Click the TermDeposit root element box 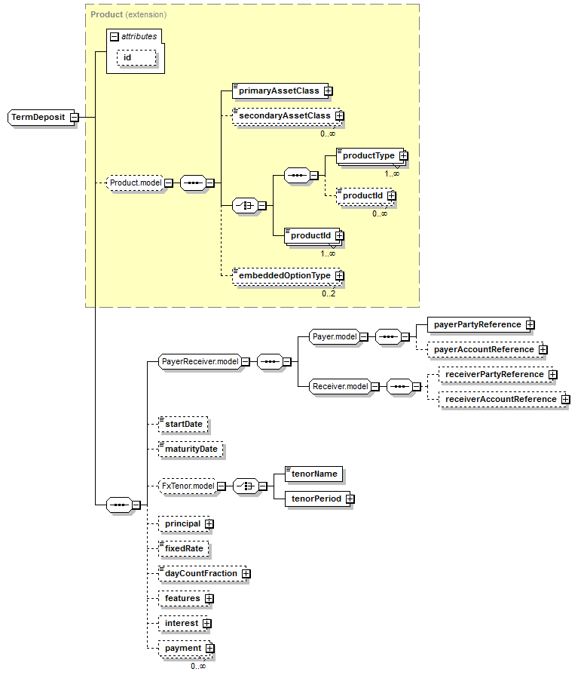tap(38, 118)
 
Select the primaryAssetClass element tap(279, 91)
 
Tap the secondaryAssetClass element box tap(285, 116)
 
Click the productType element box tap(368, 155)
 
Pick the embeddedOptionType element tap(284, 276)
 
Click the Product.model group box tap(135, 183)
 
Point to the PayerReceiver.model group tap(200, 362)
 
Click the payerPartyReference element tap(476, 324)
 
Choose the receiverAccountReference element tap(500, 399)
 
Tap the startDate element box tap(184, 425)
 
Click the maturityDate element tap(191, 449)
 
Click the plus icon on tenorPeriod tap(350, 499)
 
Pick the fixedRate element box tap(183, 548)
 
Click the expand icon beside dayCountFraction tap(246, 574)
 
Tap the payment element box tap(182, 648)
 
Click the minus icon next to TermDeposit tap(74, 118)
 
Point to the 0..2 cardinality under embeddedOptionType tap(329, 293)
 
